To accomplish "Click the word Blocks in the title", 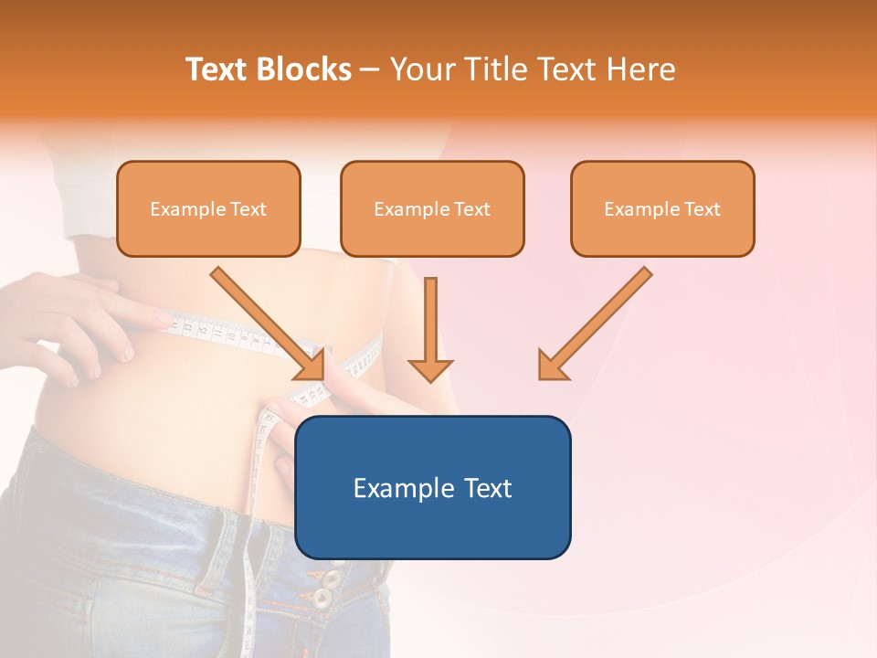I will coord(303,69).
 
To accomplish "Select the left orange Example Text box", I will coord(208,208).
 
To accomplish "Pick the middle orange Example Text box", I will coord(432,208).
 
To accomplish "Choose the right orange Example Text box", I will coord(662,208).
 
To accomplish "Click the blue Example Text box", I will coord(432,487).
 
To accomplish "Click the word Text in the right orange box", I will coord(703,209).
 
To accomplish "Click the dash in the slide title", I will coord(370,69).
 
